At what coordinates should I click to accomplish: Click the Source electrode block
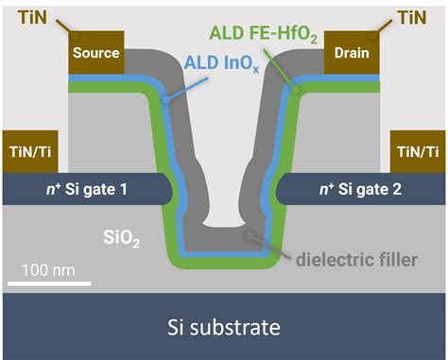[x=95, y=53]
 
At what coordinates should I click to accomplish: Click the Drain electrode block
[x=350, y=53]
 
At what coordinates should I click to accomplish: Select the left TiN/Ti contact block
[x=28, y=151]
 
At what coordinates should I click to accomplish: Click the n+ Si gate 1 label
[x=85, y=190]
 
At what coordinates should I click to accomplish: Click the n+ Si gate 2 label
[x=360, y=190]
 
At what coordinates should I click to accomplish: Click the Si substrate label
[x=223, y=327]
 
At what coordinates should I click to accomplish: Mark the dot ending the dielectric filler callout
[x=248, y=236]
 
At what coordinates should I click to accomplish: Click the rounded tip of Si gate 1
[x=171, y=190]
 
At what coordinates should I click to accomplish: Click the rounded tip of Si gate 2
[x=276, y=190]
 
